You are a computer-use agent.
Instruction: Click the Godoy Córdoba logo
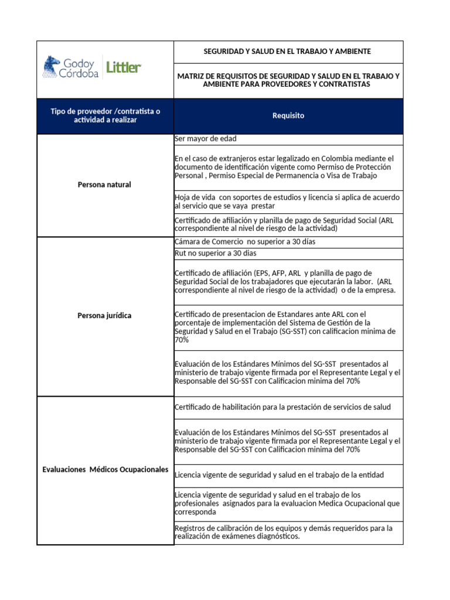pos(71,67)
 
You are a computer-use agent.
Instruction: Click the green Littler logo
pos(124,67)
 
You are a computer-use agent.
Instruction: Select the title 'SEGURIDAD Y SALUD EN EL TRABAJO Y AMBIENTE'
pos(287,52)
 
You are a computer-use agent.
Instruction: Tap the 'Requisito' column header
pos(288,116)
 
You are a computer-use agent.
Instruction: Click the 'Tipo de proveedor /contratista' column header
pos(105,115)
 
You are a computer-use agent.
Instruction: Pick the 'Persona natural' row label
pos(104,185)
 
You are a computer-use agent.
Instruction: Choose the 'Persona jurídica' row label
pos(104,316)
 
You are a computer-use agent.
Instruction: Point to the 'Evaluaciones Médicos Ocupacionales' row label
pos(105,470)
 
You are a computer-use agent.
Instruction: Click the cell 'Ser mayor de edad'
pos(205,139)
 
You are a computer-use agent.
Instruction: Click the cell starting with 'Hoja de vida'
pos(287,202)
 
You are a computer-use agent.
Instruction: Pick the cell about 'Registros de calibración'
pos(284,532)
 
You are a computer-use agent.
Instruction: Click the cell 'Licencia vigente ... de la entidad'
pos(279,475)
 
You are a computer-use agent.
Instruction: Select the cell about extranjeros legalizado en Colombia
pos(284,167)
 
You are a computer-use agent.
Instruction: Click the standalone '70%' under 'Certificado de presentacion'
pos(181,339)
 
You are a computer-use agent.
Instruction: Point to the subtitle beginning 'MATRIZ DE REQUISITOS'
pos(288,80)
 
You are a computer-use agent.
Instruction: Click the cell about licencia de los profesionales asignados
pos(287,503)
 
